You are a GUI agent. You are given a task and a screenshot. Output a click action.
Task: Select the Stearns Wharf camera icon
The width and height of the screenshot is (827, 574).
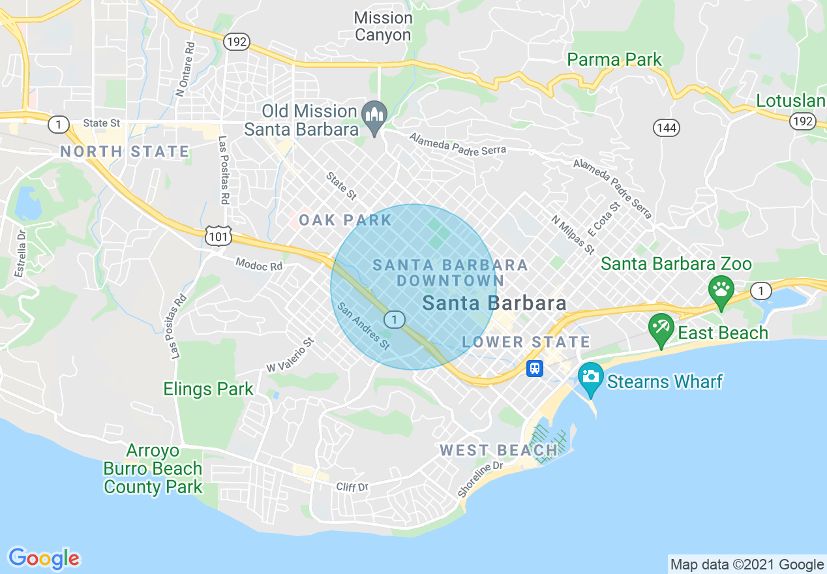[591, 378]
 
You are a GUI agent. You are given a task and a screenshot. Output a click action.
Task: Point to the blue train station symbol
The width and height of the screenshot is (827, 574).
[535, 369]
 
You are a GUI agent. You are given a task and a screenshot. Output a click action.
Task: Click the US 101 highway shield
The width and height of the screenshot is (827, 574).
[218, 236]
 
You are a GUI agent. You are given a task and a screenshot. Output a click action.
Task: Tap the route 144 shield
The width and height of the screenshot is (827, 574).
[667, 128]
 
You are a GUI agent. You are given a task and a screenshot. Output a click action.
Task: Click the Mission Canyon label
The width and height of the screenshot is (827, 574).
[383, 27]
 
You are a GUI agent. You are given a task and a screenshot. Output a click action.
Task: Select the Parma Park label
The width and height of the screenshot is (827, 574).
[614, 60]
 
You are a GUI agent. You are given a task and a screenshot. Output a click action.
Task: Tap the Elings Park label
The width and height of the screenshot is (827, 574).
[208, 390]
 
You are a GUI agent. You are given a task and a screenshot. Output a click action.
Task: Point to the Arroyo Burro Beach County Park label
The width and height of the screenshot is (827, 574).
[153, 469]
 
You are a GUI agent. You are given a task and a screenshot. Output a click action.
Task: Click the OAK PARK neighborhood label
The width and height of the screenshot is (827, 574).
[345, 220]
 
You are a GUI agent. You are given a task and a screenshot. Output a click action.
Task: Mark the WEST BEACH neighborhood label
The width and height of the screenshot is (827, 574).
[499, 450]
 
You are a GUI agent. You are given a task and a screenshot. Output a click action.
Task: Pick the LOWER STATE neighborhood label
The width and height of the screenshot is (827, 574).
[526, 342]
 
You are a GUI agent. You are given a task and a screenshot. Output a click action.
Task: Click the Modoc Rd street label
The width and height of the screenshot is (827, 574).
[259, 265]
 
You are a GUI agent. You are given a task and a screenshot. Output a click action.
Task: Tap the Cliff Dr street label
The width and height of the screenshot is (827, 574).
[352, 487]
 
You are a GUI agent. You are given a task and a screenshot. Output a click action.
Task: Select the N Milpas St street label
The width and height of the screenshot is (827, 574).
[573, 235]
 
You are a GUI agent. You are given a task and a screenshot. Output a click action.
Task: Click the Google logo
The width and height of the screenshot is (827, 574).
[44, 558]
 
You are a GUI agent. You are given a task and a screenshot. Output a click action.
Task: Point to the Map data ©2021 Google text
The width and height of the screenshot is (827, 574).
[747, 565]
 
